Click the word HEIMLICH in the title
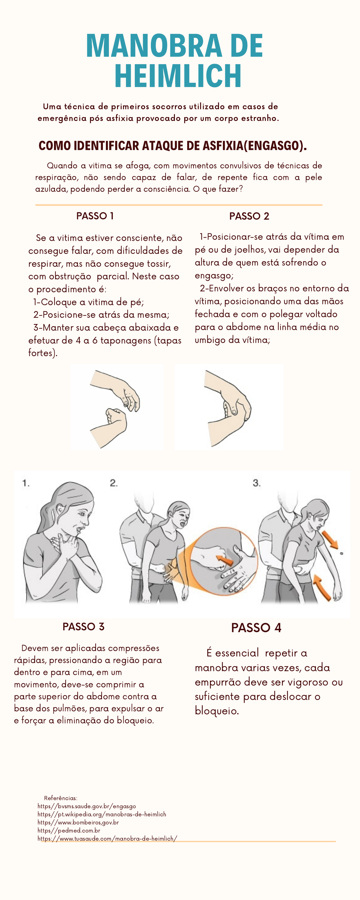point(178,76)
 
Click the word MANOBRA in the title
point(154,46)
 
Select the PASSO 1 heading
point(95,216)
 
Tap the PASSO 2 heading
point(249,216)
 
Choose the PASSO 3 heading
point(83,626)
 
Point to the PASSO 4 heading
point(256,628)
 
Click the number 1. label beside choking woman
point(26,483)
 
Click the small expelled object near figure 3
point(341,553)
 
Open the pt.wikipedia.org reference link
point(102,814)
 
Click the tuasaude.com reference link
point(107,838)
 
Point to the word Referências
point(61,798)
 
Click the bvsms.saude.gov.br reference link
point(87,806)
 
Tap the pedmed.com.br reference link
point(69,830)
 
